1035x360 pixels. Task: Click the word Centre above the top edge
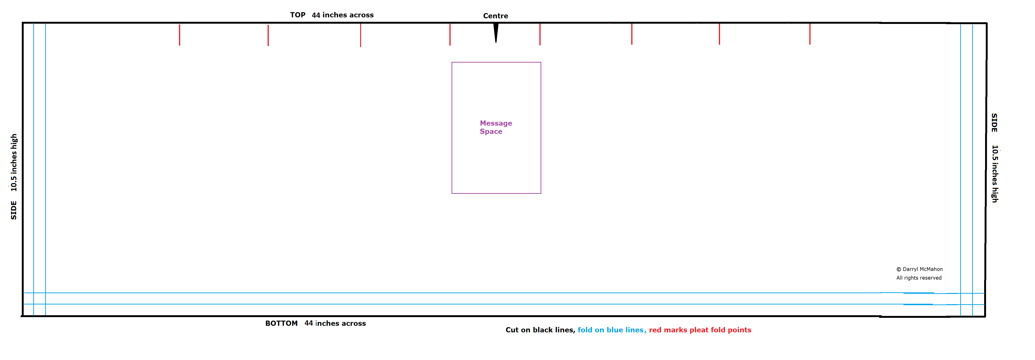[x=495, y=16]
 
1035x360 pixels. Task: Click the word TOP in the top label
[x=298, y=15]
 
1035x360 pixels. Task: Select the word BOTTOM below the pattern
[x=281, y=323]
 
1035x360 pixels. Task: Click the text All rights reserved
[x=919, y=278]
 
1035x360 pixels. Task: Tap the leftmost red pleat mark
[x=179, y=35]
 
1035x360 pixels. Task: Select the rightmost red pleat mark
[x=810, y=34]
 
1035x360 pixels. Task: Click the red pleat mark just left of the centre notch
[x=450, y=34]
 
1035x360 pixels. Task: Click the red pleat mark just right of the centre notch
[x=540, y=34]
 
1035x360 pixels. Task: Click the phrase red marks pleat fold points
[x=700, y=330]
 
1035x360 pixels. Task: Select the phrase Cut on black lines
[x=540, y=330]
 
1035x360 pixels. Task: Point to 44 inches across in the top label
[x=343, y=15]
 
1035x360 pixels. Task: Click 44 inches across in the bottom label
[x=335, y=323]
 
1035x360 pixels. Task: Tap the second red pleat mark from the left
[x=268, y=35]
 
